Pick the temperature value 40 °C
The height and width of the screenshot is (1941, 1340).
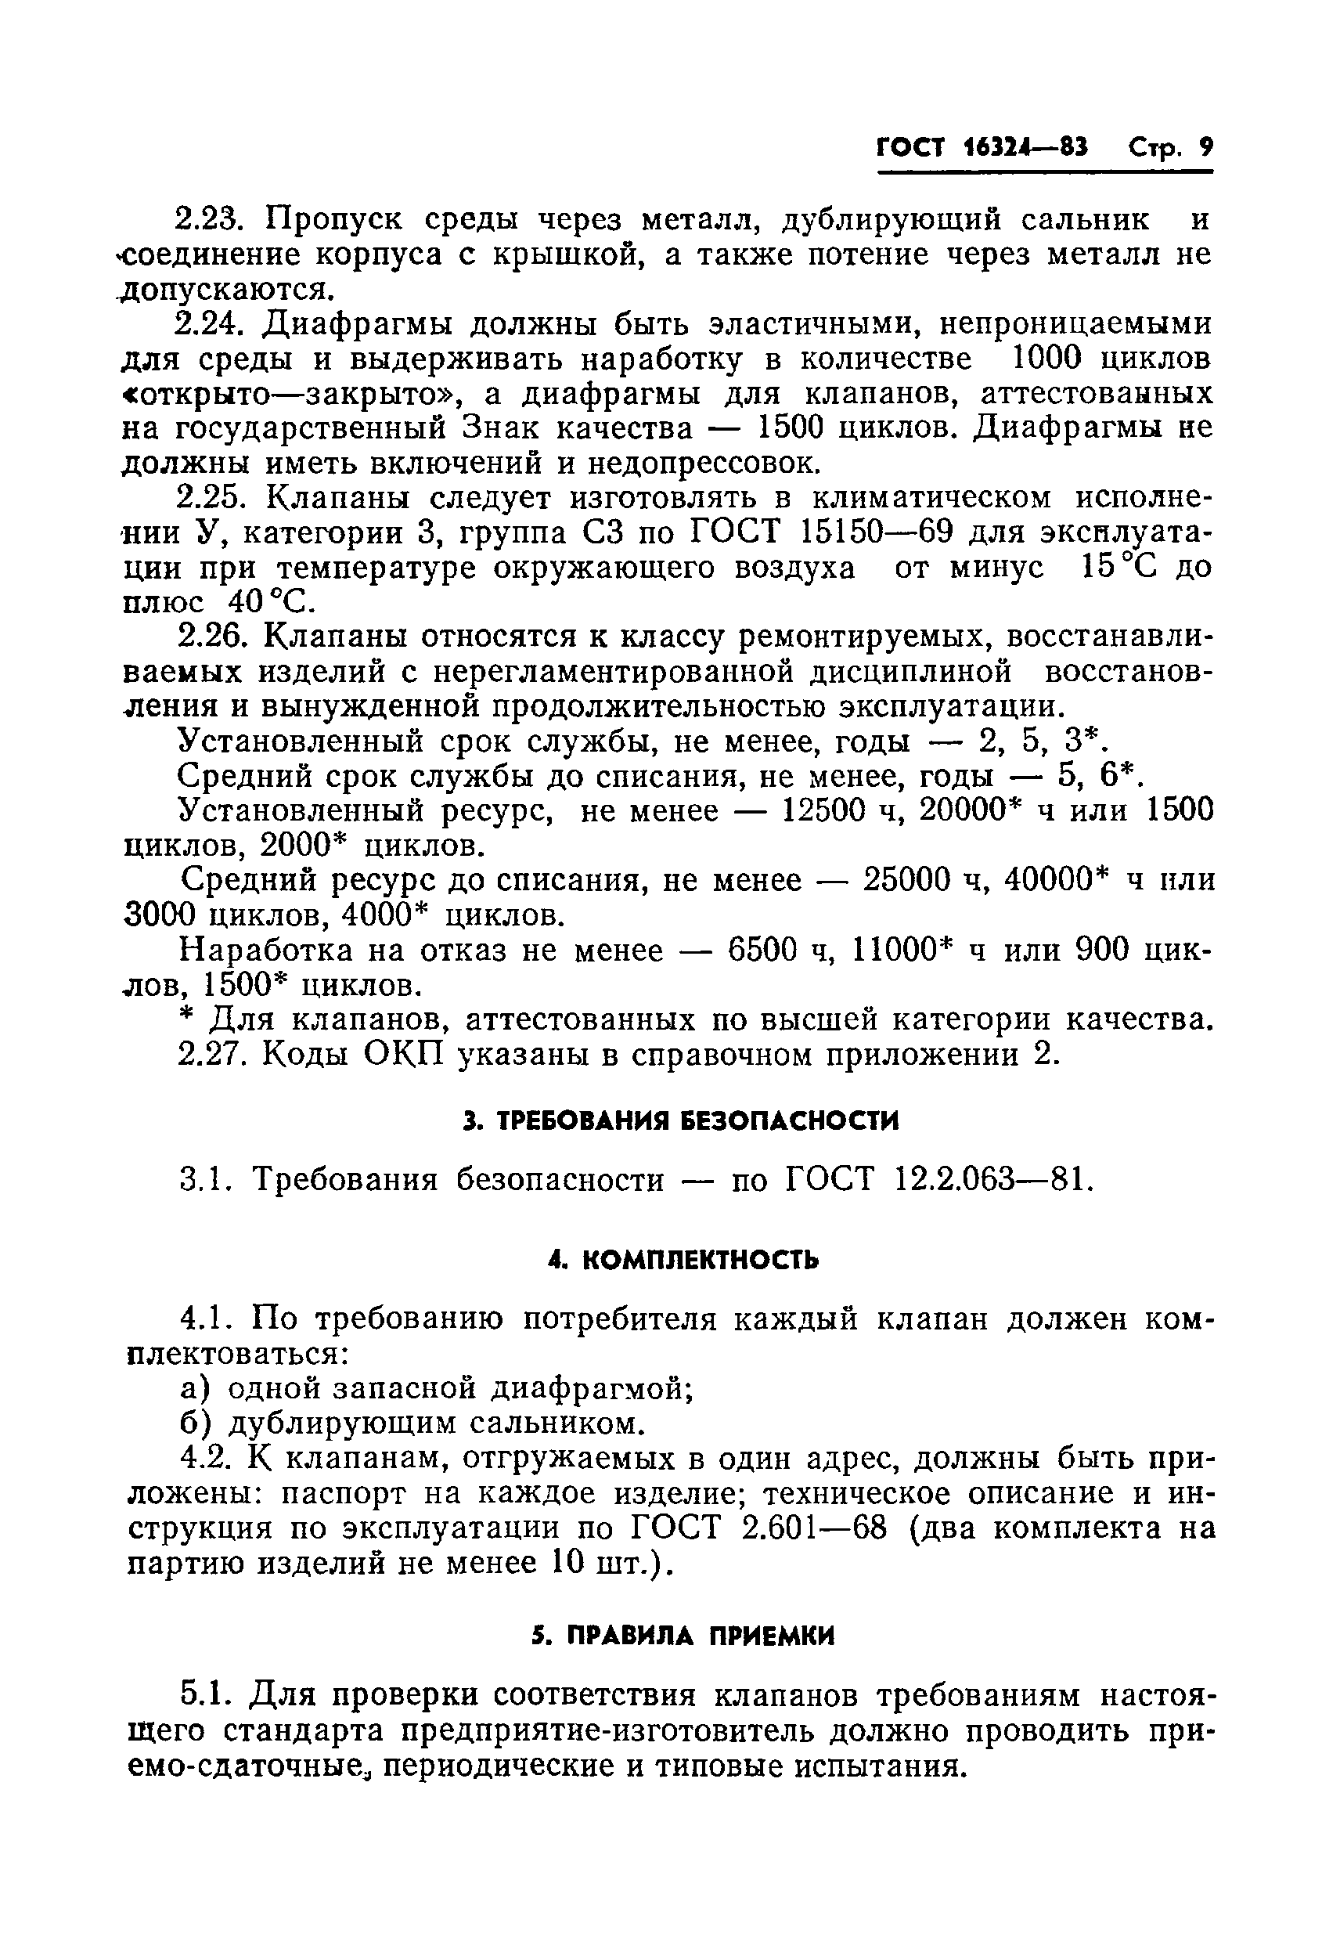tap(265, 602)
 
